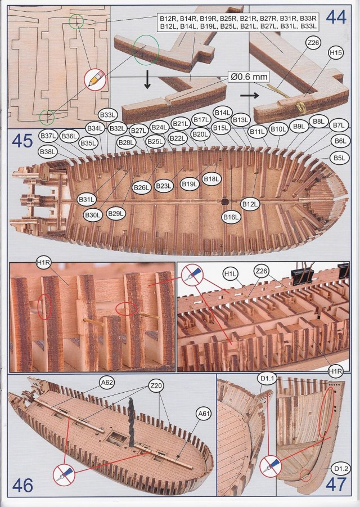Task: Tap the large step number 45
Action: pyautogui.click(x=22, y=141)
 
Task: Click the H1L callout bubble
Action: pyautogui.click(x=228, y=274)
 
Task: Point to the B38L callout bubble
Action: pyautogui.click(x=48, y=152)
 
